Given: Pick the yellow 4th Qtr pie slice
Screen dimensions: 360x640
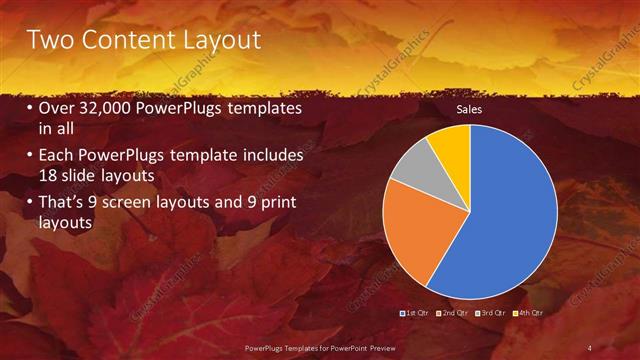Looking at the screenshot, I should [x=451, y=144].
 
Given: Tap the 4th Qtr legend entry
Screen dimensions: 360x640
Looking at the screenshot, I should [x=527, y=314].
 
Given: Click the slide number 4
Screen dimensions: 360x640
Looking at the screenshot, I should [x=590, y=347].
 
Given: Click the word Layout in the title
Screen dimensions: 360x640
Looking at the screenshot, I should [x=216, y=40].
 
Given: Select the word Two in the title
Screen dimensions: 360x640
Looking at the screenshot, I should [x=47, y=40].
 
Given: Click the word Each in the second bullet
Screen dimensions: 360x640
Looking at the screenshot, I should [x=57, y=156].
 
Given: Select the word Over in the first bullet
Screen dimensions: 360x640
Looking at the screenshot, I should [x=57, y=107].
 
